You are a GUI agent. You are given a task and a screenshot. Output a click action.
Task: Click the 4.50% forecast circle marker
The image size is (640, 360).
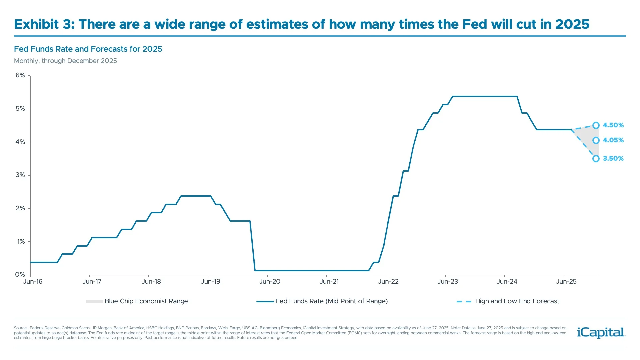pyautogui.click(x=596, y=125)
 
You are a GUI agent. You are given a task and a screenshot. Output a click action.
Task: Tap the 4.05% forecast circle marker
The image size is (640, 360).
pyautogui.click(x=596, y=140)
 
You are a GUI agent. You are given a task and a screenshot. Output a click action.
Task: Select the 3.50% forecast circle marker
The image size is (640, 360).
pyautogui.click(x=596, y=159)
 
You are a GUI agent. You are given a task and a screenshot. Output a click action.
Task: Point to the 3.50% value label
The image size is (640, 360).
pyautogui.click(x=613, y=159)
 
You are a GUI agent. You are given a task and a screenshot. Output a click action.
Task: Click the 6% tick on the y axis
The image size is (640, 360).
pyautogui.click(x=20, y=75)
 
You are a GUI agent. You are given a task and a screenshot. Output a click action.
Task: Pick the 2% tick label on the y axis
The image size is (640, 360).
pyautogui.click(x=20, y=208)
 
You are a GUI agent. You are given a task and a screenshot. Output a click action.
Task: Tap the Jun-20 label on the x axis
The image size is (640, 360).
pyautogui.click(x=270, y=282)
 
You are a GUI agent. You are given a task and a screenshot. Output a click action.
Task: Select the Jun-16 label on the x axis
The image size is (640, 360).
pyautogui.click(x=33, y=282)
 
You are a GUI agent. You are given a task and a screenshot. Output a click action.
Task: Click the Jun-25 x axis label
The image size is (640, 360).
pyautogui.click(x=566, y=282)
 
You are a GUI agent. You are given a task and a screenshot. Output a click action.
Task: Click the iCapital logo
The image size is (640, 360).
pyautogui.click(x=601, y=333)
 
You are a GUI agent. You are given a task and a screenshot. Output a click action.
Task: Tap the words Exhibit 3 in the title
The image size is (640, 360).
pyautogui.click(x=44, y=24)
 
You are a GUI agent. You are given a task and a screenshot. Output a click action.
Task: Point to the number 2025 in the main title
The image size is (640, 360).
pyautogui.click(x=572, y=24)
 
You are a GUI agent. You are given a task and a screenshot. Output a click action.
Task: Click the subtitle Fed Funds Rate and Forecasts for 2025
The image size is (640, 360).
pyautogui.click(x=88, y=49)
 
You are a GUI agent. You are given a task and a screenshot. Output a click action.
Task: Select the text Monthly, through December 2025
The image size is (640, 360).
pyautogui.click(x=65, y=61)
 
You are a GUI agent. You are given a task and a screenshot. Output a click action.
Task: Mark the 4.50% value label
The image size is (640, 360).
pyautogui.click(x=613, y=125)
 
